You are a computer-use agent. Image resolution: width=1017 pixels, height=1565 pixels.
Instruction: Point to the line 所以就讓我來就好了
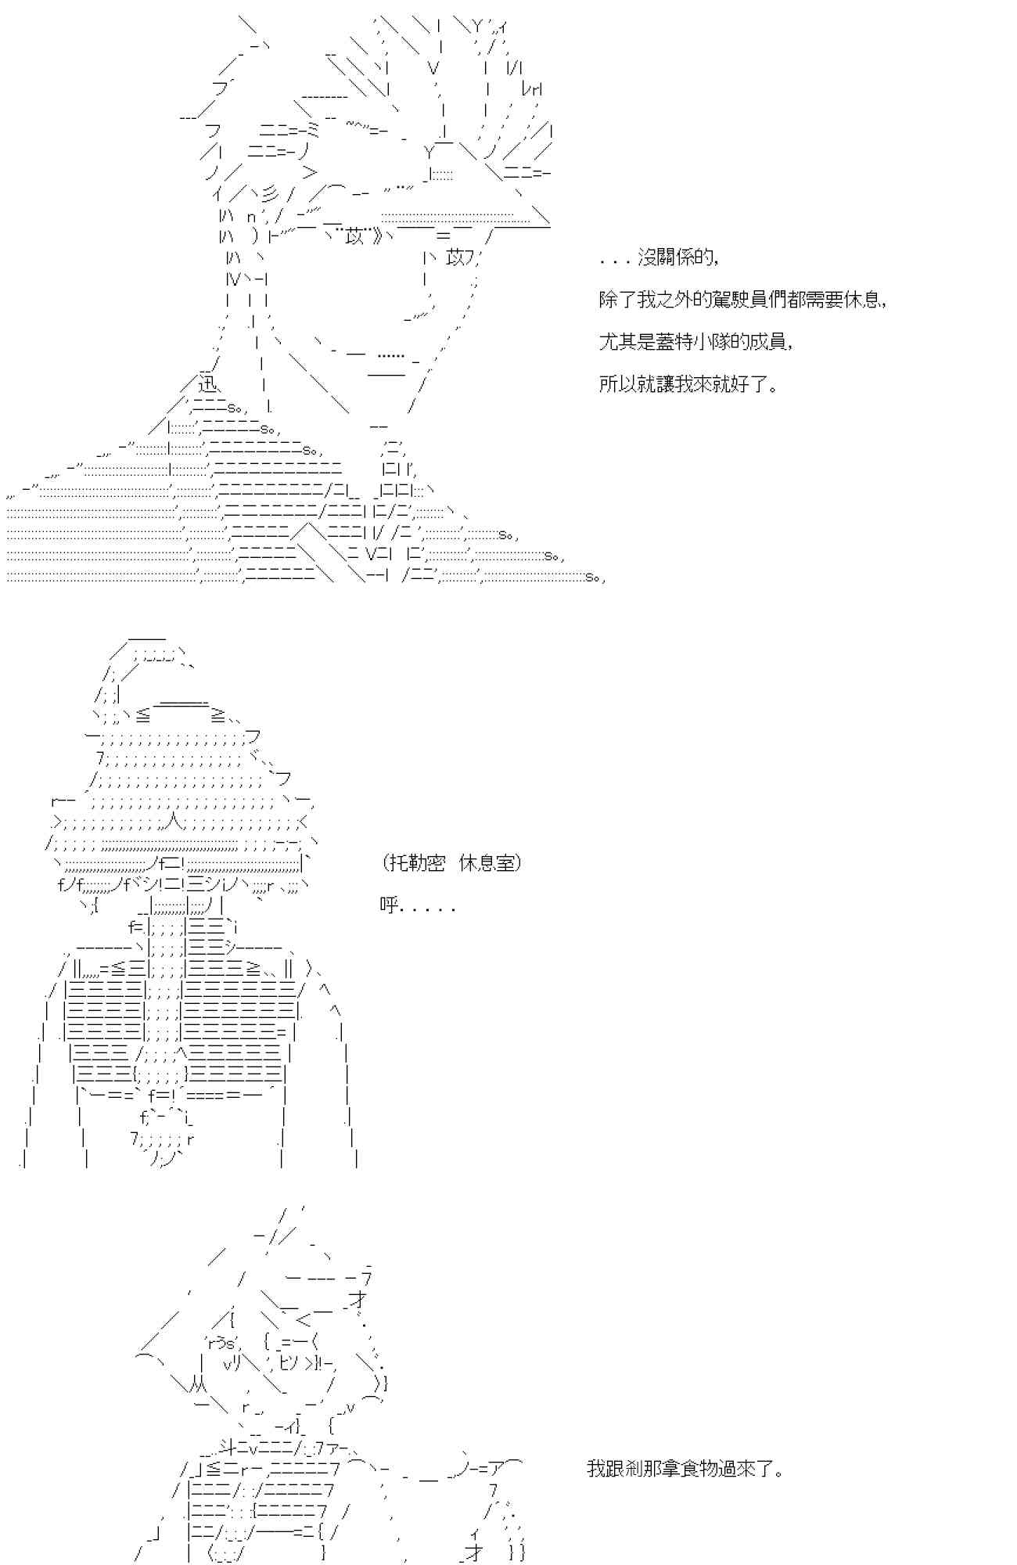click(688, 384)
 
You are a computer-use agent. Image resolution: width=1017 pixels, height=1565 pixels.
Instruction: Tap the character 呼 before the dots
click(388, 905)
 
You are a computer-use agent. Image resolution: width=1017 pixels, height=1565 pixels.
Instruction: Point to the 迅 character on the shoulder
click(207, 384)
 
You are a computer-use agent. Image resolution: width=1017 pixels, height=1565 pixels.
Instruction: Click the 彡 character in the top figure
click(268, 195)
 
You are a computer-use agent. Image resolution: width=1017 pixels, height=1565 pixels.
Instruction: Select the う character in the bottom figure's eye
click(219, 1344)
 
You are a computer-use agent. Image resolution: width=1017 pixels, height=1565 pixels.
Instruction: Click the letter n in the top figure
click(251, 216)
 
